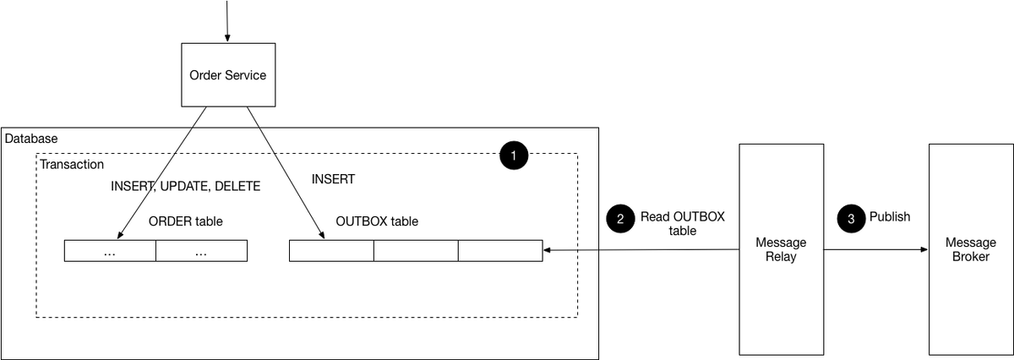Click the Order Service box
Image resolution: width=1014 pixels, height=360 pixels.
pos(227,75)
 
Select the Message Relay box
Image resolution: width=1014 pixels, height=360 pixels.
pos(781,249)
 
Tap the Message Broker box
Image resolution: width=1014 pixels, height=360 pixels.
pos(971,249)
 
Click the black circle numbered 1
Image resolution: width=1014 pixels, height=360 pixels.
pos(514,155)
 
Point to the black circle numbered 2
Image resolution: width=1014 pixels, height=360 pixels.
pos(620,218)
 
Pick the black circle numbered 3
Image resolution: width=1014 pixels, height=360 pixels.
pos(851,218)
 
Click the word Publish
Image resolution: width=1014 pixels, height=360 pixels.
pos(890,217)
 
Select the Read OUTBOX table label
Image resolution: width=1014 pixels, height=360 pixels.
pos(682,223)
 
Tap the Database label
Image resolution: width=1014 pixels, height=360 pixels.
pos(31,138)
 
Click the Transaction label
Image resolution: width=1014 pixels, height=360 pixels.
pos(72,164)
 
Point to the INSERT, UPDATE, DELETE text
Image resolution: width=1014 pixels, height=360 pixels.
pos(186,186)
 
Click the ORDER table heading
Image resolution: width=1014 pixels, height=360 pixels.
pos(186,221)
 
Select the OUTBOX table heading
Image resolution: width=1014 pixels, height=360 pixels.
pos(377,221)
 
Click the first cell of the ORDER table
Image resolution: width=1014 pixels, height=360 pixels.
pos(110,251)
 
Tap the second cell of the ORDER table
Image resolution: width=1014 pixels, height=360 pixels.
pos(201,251)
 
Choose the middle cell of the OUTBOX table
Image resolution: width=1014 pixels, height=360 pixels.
pos(416,251)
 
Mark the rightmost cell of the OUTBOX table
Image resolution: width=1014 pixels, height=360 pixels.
pos(500,251)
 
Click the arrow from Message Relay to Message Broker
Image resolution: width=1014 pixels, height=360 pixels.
pos(875,250)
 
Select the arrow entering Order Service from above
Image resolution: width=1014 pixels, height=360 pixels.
pos(226,21)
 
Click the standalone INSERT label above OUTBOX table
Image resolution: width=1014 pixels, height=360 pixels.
pos(333,179)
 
